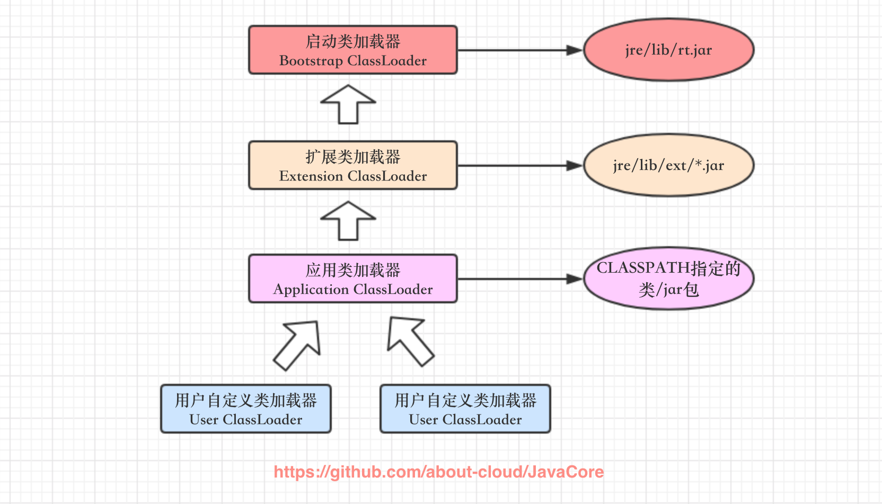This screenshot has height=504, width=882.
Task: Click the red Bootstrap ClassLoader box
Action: [x=352, y=50]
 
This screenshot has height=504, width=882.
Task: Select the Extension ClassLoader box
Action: [x=352, y=165]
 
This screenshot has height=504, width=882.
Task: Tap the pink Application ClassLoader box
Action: [x=352, y=279]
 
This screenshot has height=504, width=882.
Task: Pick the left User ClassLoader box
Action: [x=246, y=409]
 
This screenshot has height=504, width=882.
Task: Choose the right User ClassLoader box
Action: [x=465, y=409]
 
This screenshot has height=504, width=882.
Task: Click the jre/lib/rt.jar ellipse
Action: [x=668, y=50]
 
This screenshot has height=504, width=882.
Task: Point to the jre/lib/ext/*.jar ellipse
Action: [x=668, y=165]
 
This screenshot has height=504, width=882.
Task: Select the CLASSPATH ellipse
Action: [x=668, y=279]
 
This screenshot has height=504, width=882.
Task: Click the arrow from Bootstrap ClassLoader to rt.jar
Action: [x=519, y=50]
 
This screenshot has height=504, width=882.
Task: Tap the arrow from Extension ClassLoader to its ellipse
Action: [x=519, y=166]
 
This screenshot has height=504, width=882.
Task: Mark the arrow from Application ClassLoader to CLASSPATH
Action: [x=519, y=279]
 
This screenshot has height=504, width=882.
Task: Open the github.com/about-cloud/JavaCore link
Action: [x=439, y=472]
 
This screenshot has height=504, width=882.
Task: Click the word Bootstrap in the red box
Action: [x=311, y=61]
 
